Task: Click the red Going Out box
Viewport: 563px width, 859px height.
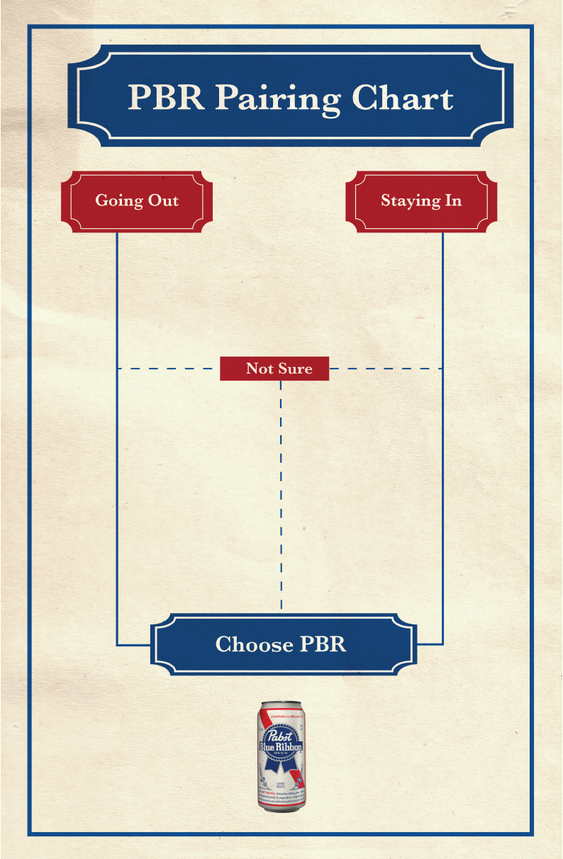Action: pos(137,201)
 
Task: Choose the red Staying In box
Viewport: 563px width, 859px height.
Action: pos(421,201)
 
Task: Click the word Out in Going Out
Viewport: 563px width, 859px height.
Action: pos(163,201)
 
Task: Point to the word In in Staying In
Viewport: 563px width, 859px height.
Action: pos(452,201)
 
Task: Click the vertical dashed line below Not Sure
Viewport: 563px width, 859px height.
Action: pos(281,496)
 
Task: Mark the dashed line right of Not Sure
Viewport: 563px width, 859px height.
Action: pos(386,369)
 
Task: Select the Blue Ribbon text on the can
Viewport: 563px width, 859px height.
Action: pos(281,748)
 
